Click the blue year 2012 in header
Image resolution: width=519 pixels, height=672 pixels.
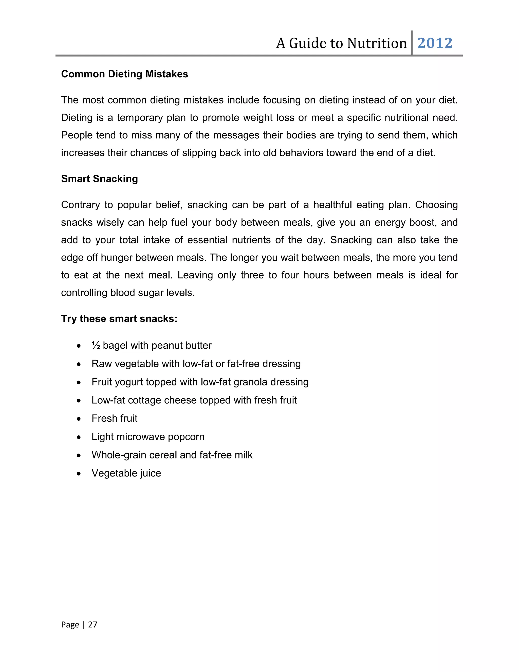[435, 43]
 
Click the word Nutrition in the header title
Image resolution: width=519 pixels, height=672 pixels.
[377, 43]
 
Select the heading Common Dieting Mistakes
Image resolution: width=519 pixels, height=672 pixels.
[124, 74]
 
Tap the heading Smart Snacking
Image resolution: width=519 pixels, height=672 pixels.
[99, 179]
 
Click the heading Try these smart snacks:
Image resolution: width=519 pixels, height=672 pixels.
[119, 319]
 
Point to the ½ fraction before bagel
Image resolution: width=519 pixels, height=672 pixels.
[96, 346]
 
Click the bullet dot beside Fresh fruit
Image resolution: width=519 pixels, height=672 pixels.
[79, 419]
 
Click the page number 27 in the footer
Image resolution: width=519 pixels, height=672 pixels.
[92, 625]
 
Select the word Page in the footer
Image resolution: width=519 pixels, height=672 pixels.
[70, 625]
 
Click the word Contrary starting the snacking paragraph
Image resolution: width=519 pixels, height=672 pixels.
[81, 205]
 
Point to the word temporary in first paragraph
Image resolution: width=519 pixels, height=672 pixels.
[140, 118]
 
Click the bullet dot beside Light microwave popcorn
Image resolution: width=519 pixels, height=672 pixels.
[79, 437]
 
